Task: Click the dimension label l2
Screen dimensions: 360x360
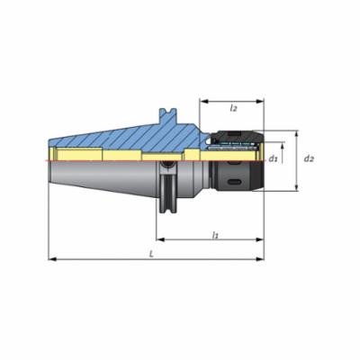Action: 233,109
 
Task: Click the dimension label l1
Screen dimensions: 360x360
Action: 215,235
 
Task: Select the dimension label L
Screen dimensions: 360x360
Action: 152,255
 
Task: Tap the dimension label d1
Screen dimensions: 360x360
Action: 273,158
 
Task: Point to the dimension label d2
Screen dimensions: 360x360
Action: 309,158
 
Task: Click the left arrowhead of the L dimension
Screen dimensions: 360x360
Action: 52,259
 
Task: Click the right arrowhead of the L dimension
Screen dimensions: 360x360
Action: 260,259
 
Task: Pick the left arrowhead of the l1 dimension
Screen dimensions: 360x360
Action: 160,239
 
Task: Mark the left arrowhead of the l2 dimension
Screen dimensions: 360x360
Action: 204,102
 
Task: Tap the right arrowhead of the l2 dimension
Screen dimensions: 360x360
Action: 260,102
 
